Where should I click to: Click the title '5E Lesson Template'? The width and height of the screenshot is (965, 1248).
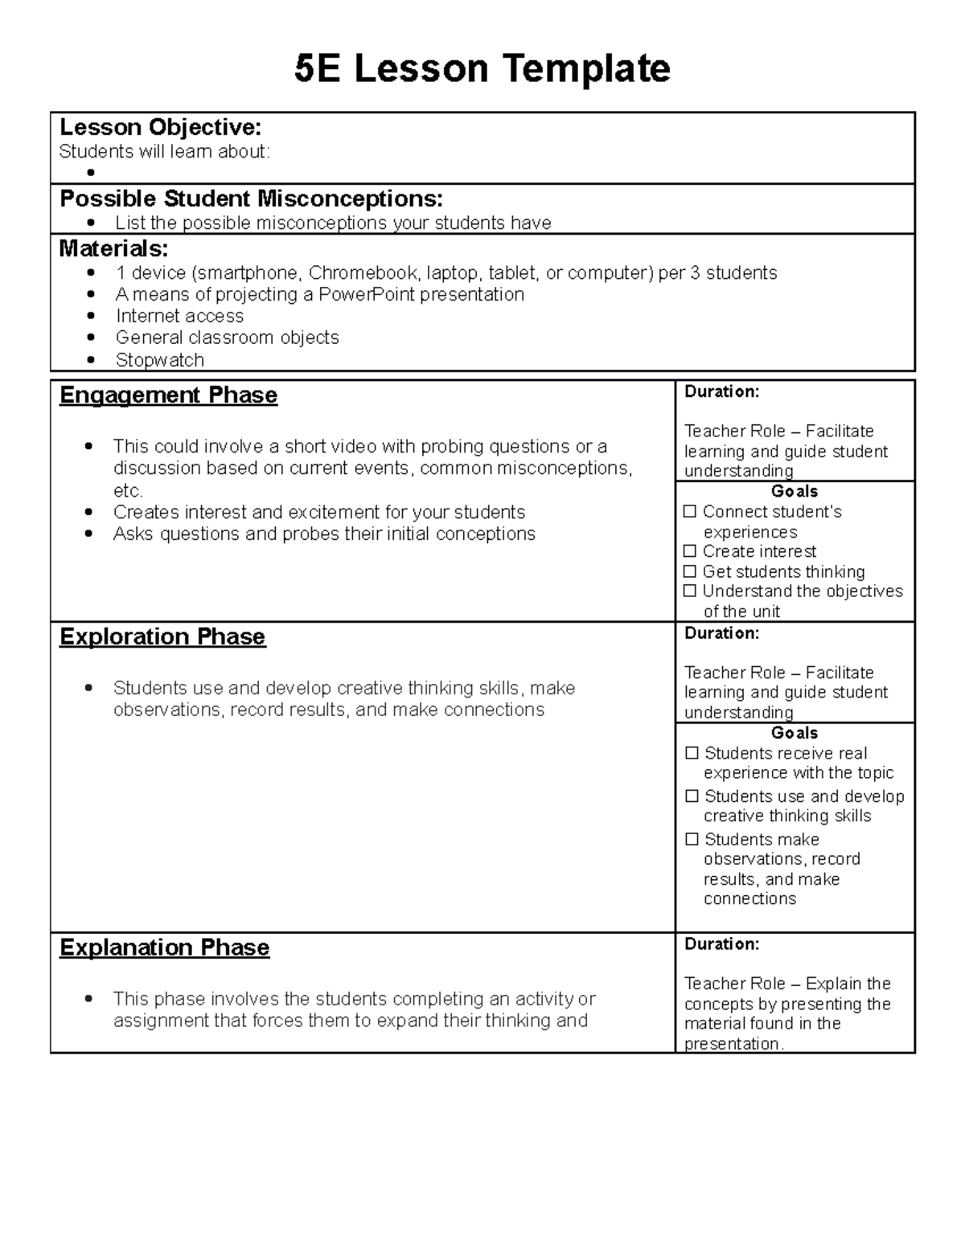[482, 69]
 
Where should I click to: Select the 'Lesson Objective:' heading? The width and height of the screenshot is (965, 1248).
[160, 127]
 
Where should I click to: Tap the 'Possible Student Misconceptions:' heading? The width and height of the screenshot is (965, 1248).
[251, 198]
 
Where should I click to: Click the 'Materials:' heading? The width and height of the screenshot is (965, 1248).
[113, 248]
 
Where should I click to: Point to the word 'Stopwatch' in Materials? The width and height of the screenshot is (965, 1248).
[159, 360]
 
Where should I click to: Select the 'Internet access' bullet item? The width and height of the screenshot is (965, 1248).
[179, 317]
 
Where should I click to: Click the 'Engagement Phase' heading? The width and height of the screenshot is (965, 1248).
[168, 395]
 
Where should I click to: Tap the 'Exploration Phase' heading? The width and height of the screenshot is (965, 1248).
[162, 637]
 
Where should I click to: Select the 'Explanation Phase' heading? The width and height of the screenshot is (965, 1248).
[164, 948]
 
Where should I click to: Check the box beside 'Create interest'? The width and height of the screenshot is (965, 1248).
[689, 551]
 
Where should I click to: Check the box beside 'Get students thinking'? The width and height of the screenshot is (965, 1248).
[689, 571]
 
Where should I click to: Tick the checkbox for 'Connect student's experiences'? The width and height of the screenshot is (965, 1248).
[689, 512]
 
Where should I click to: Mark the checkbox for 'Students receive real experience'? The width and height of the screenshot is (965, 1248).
[692, 754]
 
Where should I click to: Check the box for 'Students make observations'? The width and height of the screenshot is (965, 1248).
[692, 840]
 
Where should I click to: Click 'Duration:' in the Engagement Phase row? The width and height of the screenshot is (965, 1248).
[721, 392]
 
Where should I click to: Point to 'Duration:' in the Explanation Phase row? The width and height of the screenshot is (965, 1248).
[721, 944]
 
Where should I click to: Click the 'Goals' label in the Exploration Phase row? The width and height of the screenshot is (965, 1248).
[794, 733]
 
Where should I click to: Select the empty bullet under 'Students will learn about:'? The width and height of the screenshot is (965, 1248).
[92, 173]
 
